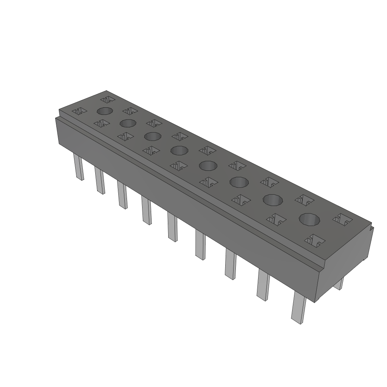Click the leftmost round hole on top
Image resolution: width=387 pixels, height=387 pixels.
pos(105,111)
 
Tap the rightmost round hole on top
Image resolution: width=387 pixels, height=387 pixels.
pos(309,219)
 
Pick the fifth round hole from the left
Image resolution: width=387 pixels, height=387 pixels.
pos(207,166)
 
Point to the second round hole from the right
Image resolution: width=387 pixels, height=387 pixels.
pos(273,200)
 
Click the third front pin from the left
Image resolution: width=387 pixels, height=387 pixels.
pos(122,195)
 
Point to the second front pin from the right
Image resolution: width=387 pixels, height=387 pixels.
pos(263,285)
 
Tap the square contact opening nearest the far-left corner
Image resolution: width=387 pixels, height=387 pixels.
pos(107,100)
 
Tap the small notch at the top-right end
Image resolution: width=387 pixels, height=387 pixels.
pos(372,228)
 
